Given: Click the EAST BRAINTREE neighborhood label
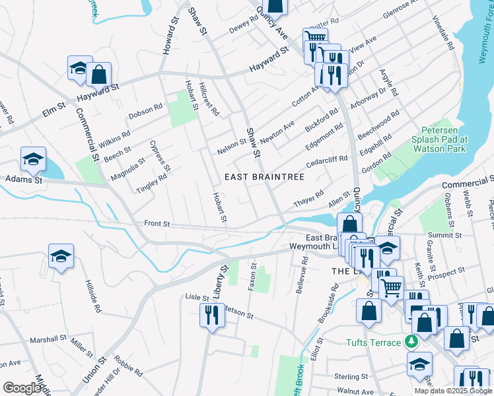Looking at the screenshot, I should (x=264, y=177).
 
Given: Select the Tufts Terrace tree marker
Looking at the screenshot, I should (x=411, y=342).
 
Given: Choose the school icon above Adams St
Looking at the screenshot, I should (x=33, y=159).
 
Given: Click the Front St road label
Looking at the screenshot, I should (x=157, y=224).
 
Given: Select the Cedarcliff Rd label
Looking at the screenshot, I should (x=326, y=162).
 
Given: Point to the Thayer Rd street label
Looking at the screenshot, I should (x=309, y=196).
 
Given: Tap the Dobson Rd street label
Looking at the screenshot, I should (x=146, y=112).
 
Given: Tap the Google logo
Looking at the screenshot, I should (x=22, y=388).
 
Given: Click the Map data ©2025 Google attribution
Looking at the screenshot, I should (x=453, y=390).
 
